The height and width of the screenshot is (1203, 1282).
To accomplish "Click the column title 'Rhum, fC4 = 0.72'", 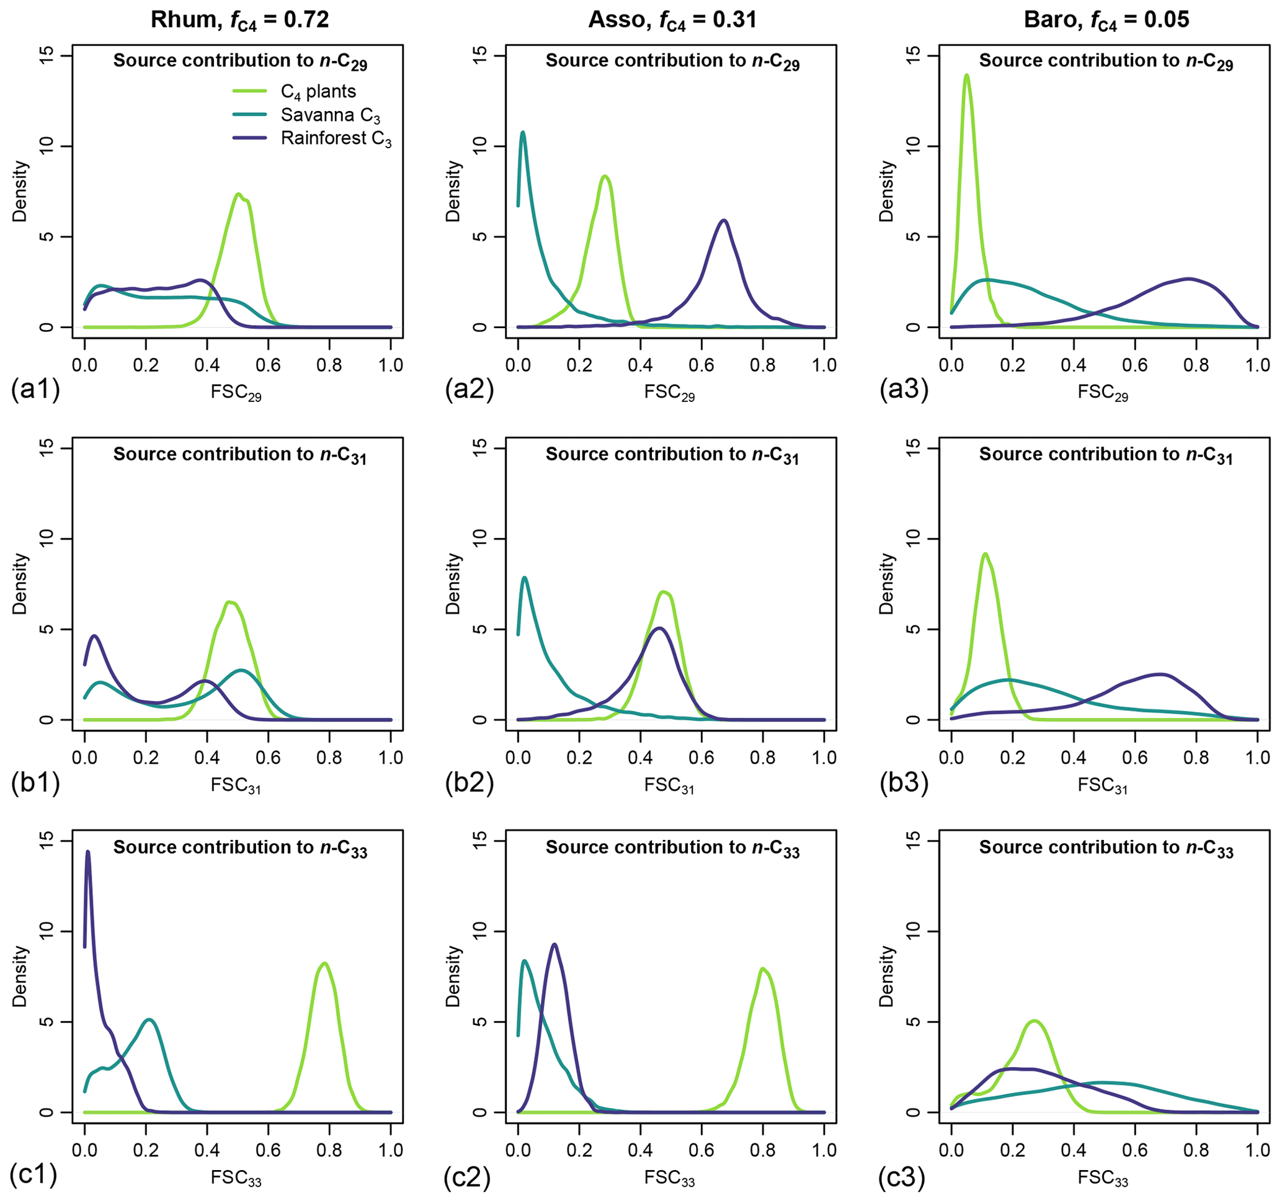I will pyautogui.click(x=240, y=20).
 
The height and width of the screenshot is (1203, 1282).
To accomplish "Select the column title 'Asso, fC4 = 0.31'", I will pyautogui.click(x=672, y=20).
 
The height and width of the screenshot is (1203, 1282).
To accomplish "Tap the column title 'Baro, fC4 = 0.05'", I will pyautogui.click(x=1106, y=20).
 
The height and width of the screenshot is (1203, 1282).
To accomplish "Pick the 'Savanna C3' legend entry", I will pyautogui.click(x=330, y=116).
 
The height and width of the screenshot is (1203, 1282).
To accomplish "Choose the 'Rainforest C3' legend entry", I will pyautogui.click(x=336, y=140).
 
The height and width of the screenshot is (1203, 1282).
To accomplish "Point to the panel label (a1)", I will pyautogui.click(x=35, y=390).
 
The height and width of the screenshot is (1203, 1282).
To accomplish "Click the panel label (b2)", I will pyautogui.click(x=469, y=782).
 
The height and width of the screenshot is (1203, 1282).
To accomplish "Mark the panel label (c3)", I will pyautogui.click(x=902, y=1176).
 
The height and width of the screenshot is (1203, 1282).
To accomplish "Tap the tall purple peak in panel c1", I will pyautogui.click(x=87, y=852).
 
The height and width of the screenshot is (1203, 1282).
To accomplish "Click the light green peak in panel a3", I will pyautogui.click(x=966, y=76).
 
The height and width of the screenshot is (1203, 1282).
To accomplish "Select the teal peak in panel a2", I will pyautogui.click(x=523, y=133).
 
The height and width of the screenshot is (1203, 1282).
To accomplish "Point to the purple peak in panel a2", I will pyautogui.click(x=724, y=221).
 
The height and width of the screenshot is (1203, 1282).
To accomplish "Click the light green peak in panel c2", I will pyautogui.click(x=762, y=969).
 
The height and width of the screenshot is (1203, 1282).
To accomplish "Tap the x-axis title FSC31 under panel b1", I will pyautogui.click(x=236, y=785).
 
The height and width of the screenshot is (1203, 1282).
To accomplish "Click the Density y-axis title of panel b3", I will pyautogui.click(x=888, y=584).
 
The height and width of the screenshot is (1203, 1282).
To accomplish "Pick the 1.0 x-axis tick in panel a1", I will pyautogui.click(x=391, y=365).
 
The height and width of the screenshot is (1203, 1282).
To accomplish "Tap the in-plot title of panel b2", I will pyautogui.click(x=672, y=455).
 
